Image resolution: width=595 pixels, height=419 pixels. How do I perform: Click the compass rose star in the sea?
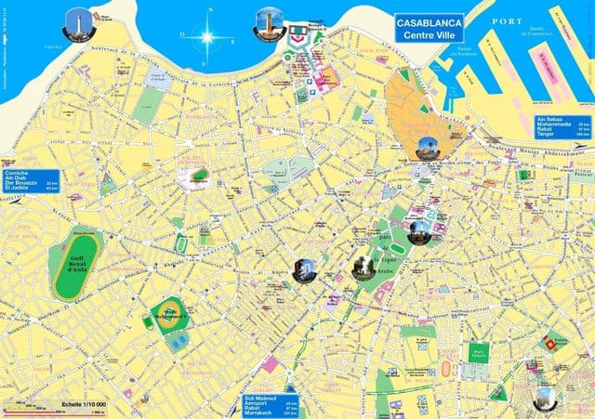tap(205, 38)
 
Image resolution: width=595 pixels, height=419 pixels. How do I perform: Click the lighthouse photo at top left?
tap(76, 21)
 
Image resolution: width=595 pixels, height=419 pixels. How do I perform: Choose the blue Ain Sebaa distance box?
tap(562, 125)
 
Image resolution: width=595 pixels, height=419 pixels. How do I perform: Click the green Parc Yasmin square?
tap(479, 352)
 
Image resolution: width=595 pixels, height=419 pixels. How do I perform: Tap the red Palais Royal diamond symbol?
tap(559, 345)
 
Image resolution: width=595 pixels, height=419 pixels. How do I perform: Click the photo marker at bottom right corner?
tap(545, 399)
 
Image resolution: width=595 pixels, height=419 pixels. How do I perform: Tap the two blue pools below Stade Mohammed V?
tap(178, 341)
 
